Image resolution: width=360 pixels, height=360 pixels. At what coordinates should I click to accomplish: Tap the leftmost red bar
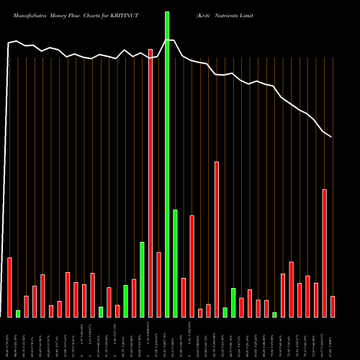(x=9, y=287)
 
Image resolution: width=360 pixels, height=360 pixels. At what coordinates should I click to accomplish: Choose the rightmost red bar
(x=333, y=306)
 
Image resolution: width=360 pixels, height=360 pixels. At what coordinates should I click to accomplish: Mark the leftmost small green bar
(x=18, y=313)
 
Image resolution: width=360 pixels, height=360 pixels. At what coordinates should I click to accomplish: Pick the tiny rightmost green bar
(x=274, y=314)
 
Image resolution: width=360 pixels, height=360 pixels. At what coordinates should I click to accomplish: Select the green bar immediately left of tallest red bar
(x=142, y=279)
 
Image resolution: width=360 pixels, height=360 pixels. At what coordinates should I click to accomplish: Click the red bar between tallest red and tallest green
(x=158, y=284)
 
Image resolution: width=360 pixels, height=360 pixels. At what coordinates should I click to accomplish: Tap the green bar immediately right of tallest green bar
(x=175, y=263)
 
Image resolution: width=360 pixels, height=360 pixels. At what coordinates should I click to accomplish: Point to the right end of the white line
(x=331, y=137)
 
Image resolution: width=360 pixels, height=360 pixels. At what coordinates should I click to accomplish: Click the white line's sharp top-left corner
(x=9, y=43)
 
